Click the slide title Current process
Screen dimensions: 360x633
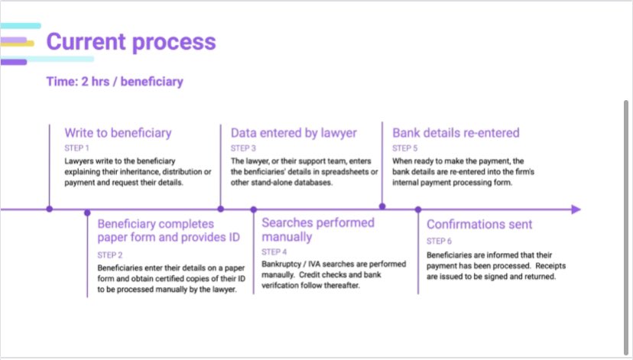pyautogui.click(x=131, y=41)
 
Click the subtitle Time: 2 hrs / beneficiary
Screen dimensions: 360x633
pyautogui.click(x=115, y=81)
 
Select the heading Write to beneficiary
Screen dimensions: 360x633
pyautogui.click(x=118, y=133)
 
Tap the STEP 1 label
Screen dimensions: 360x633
pyautogui.click(x=77, y=148)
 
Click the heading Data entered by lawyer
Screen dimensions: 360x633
pyautogui.click(x=294, y=133)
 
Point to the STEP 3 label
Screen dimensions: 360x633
pyautogui.click(x=244, y=148)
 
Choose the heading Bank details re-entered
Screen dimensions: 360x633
pyautogui.click(x=456, y=133)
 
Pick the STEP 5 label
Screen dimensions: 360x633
pyautogui.click(x=405, y=148)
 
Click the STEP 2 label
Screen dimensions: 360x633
pyautogui.click(x=110, y=255)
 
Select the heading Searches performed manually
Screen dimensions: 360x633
pyautogui.click(x=318, y=229)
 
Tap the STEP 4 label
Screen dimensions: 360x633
pyautogui.click(x=274, y=251)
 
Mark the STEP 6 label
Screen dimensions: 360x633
pyautogui.click(x=440, y=241)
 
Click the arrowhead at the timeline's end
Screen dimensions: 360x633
pyautogui.click(x=576, y=209)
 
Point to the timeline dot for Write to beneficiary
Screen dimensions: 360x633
pyautogui.click(x=50, y=208)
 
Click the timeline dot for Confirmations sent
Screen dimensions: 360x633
pyautogui.click(x=418, y=209)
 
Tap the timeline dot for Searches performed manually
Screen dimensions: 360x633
pyautogui.click(x=254, y=209)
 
